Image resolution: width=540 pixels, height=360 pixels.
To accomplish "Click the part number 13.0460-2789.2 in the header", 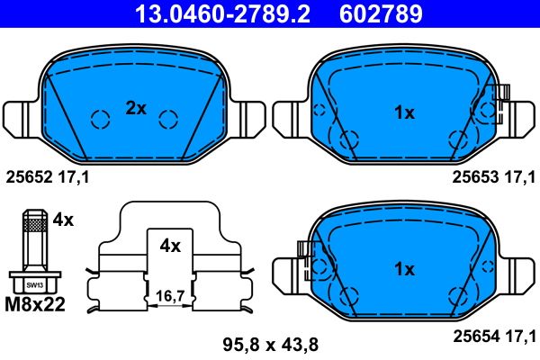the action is pos(222,13).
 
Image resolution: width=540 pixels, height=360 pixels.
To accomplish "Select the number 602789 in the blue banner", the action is pos(381,13).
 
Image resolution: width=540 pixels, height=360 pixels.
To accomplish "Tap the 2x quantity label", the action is pos(136,109).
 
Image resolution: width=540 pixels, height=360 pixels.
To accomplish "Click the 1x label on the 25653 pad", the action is pos(404,112).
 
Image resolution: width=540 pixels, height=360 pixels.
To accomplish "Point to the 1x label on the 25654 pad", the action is pos(404,269).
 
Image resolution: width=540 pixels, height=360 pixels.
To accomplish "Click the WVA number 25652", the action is pos(30,177).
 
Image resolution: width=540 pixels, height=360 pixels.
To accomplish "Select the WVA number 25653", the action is pos(475,177).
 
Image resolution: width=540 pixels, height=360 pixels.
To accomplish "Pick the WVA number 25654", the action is pos(476,336).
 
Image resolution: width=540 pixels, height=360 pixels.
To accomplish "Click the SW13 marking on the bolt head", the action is pos(35,285).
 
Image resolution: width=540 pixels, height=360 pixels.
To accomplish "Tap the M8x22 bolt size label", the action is pos(35,304).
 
